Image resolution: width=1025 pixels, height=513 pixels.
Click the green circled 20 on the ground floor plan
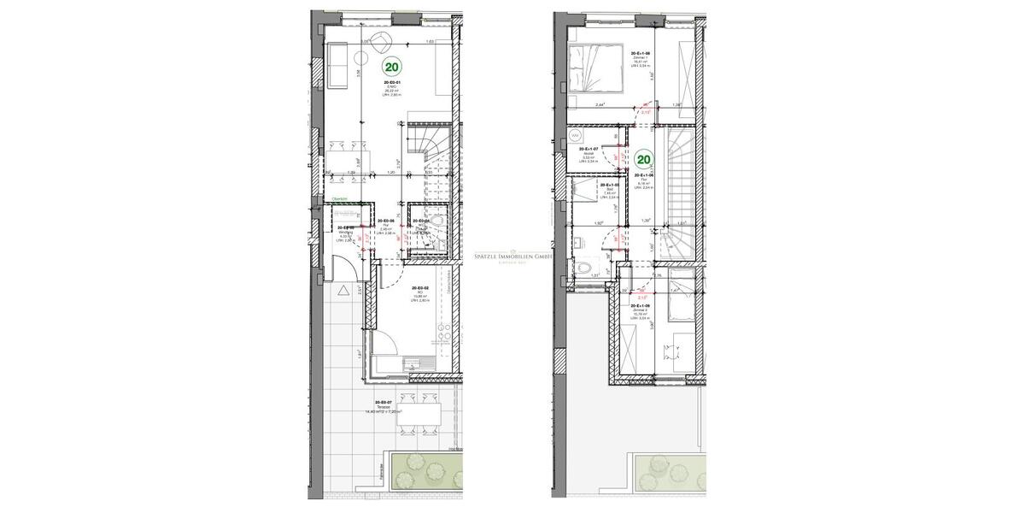[x=392, y=66]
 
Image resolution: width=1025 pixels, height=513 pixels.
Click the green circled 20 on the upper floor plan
[x=644, y=158]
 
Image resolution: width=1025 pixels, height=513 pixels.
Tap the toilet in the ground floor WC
[x=437, y=223]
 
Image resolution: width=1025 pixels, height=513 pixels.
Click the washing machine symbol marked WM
[x=575, y=136]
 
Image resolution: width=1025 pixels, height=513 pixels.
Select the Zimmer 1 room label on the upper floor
[x=641, y=57]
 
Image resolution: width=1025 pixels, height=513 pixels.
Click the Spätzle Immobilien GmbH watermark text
[x=512, y=255]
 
